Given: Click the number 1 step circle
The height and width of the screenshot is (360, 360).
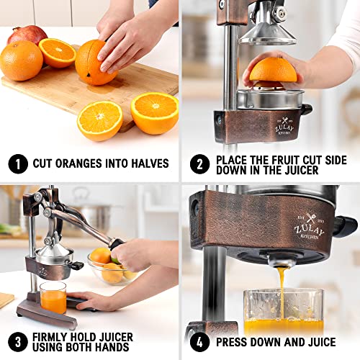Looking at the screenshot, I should point(17,163).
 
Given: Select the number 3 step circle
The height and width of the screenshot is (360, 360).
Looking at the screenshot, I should point(17,338).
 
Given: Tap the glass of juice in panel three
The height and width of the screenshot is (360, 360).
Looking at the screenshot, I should point(53,297).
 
